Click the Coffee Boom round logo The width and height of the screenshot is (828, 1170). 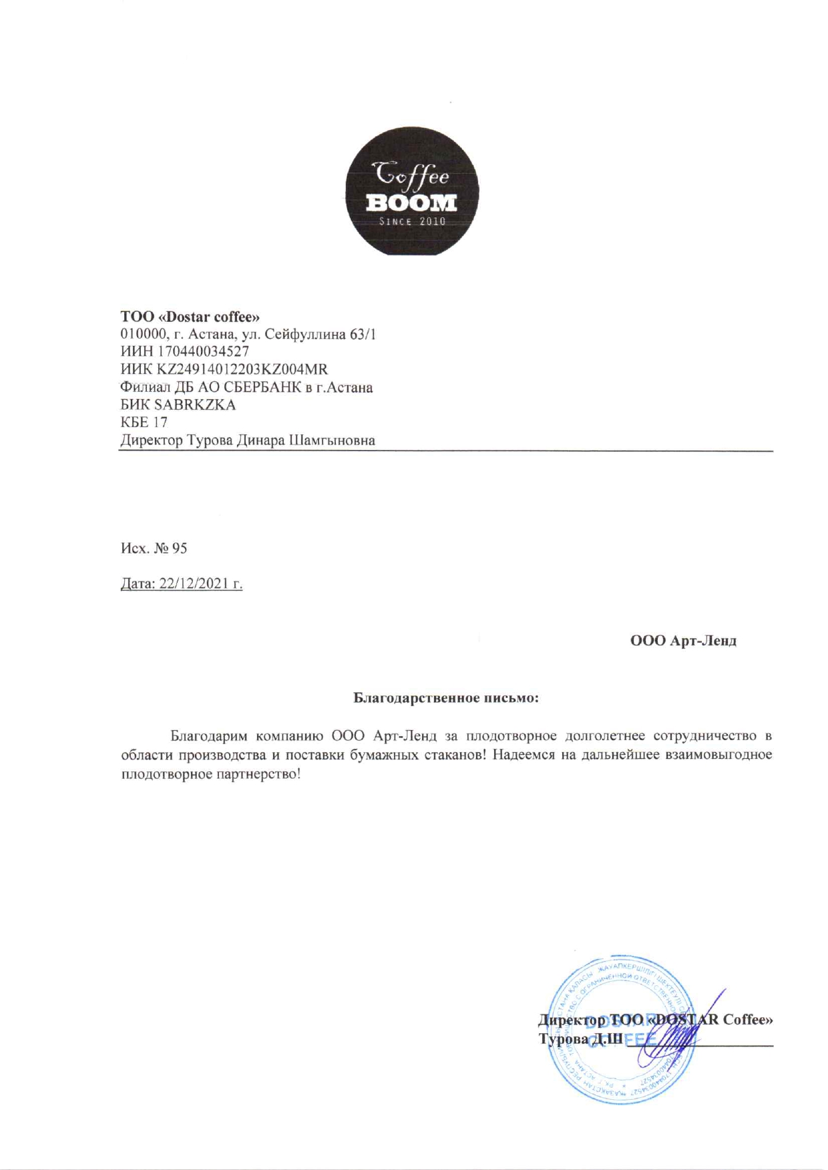[x=412, y=190]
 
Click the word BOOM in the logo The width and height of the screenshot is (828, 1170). [x=411, y=202]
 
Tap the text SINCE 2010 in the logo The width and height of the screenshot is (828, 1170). [x=412, y=222]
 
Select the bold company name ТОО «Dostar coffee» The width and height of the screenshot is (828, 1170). [x=190, y=316]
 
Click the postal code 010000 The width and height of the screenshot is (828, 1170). [x=142, y=334]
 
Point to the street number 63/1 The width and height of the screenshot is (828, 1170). [x=363, y=334]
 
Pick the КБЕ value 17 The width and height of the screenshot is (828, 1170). [x=160, y=422]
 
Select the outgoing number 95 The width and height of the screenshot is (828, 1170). [x=180, y=548]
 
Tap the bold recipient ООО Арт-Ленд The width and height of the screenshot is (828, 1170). [x=683, y=641]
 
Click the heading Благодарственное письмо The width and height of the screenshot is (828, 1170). [x=445, y=698]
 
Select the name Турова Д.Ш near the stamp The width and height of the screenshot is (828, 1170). [x=580, y=1039]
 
